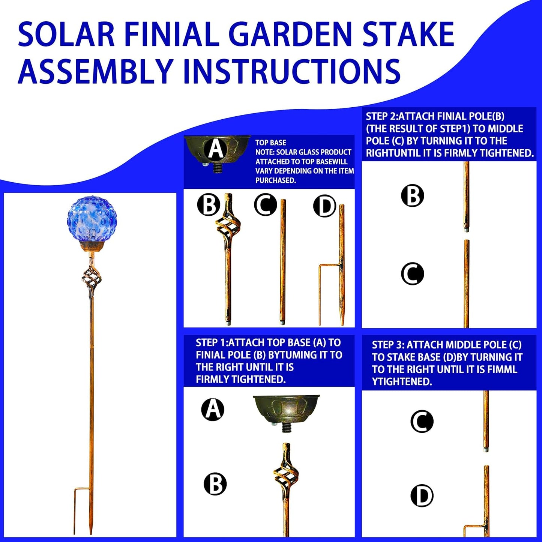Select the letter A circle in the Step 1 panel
[213, 409]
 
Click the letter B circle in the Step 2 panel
[412, 195]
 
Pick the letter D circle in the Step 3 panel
[422, 495]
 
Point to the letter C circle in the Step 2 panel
[412, 273]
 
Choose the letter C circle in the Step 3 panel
[422, 421]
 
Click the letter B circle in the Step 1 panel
[215, 483]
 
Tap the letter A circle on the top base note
[216, 149]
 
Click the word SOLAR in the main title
[66, 35]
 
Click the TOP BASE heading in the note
[270, 143]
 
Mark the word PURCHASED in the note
[276, 180]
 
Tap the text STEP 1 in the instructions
[211, 343]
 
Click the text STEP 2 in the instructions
[381, 117]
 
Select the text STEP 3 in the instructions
[388, 345]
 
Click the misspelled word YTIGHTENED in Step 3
[402, 381]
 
